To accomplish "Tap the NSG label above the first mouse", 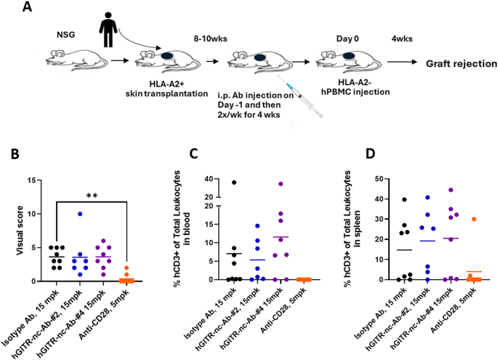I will point(66,34).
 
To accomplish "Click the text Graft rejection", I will point(461,64).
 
